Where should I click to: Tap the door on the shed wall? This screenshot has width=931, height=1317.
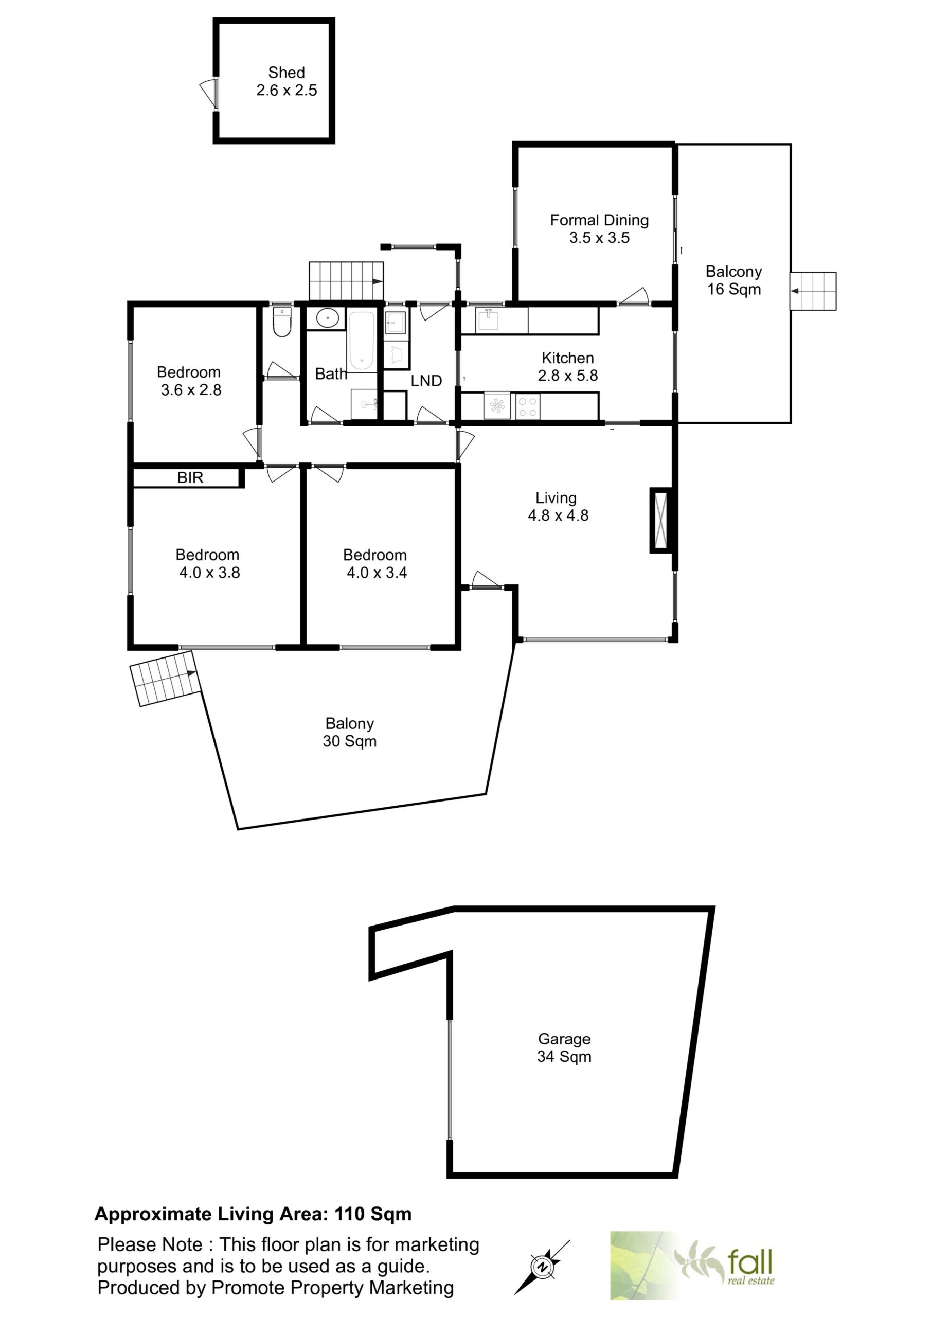208,94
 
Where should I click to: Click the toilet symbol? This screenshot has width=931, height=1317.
282,322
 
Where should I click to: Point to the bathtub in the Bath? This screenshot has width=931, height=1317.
362,341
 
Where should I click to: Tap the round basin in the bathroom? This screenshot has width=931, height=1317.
327,318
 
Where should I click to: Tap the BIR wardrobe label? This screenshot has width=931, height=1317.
190,477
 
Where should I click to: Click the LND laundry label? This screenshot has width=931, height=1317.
426,381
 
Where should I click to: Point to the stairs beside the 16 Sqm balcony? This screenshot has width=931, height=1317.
813,291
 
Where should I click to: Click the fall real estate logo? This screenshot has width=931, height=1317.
693,1265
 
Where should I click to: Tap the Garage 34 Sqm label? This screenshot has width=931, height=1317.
564,1047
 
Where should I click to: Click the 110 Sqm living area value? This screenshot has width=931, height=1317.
373,1214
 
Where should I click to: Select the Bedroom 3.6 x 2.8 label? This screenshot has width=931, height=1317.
189,381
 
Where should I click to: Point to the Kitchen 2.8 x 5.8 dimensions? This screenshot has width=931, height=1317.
567,376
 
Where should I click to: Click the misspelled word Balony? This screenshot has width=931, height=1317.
349,724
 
